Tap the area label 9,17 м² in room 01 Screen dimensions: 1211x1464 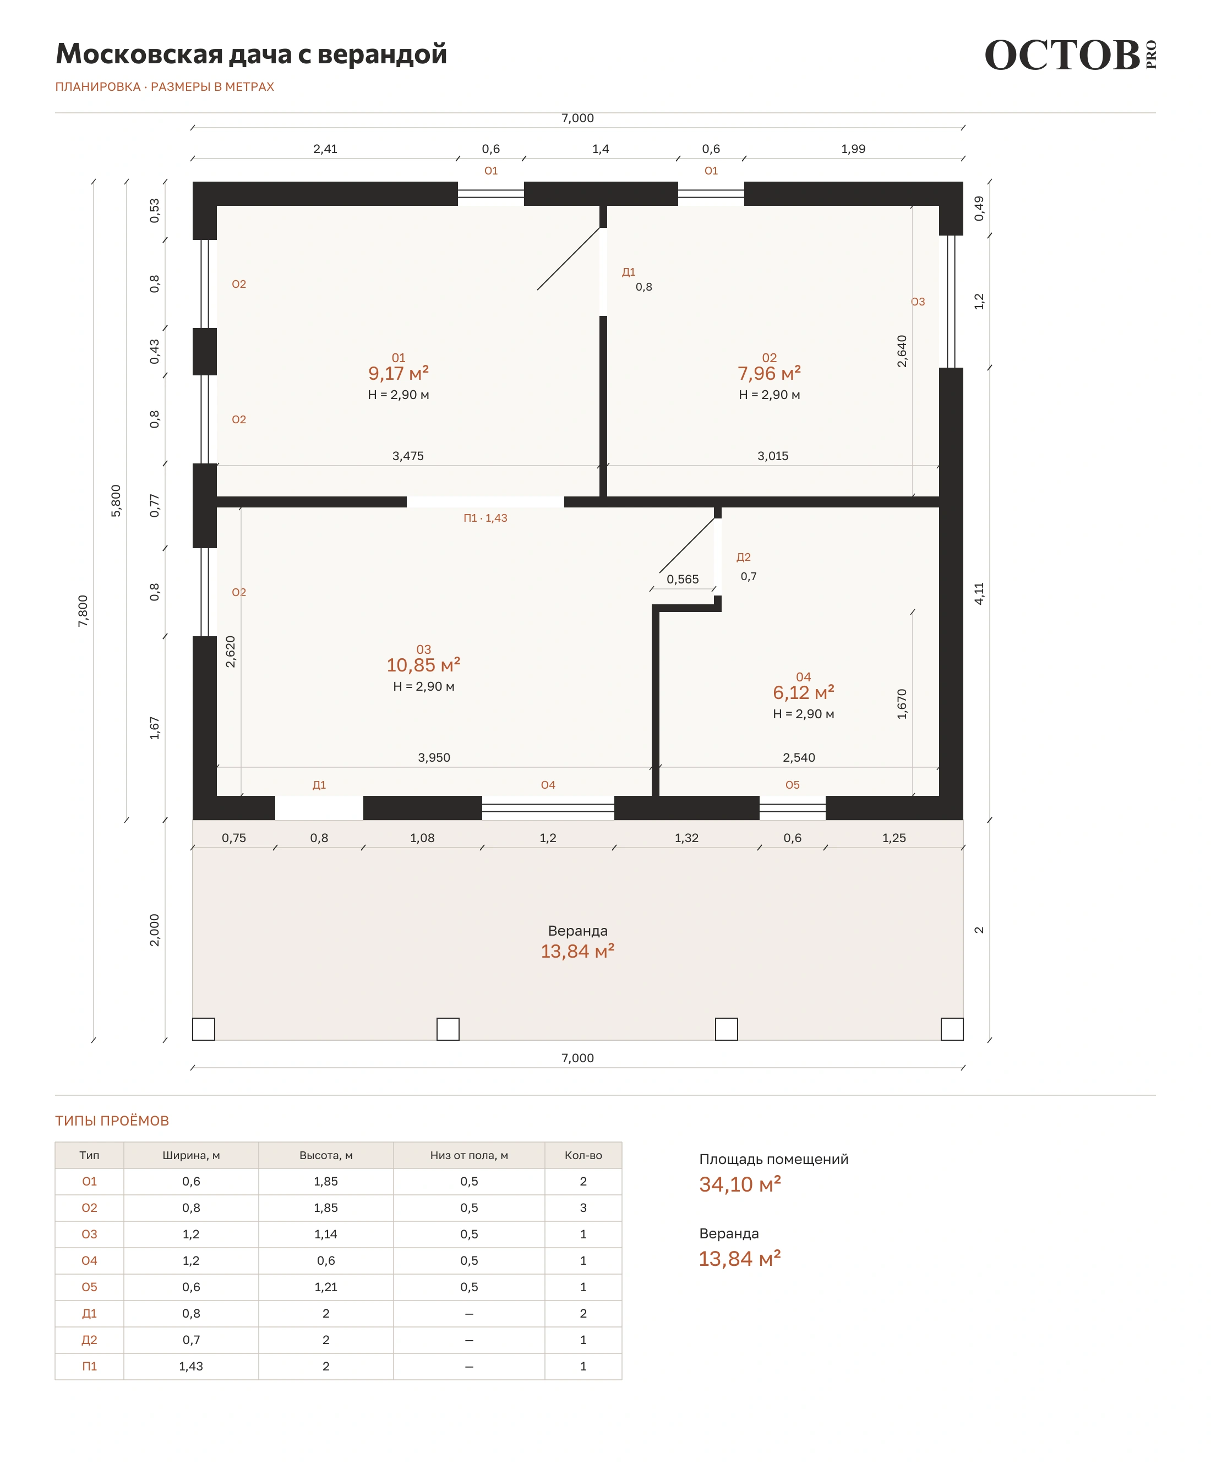(x=398, y=373)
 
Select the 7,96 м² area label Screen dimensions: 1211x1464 (x=769, y=373)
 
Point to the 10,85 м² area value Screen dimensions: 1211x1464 (x=423, y=664)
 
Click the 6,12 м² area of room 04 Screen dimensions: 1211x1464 (x=803, y=692)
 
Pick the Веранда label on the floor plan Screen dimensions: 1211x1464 (x=577, y=930)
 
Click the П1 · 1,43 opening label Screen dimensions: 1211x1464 (x=486, y=518)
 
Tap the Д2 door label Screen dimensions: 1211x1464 (x=743, y=557)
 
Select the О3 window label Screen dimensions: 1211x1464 (x=918, y=302)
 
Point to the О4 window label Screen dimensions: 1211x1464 (x=548, y=785)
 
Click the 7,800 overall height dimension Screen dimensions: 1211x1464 (x=83, y=611)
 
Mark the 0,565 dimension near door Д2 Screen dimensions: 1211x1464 (x=682, y=580)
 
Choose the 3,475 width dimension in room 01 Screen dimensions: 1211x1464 (x=408, y=456)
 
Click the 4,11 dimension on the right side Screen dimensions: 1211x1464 (x=979, y=593)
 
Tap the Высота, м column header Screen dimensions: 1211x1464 (x=325, y=1155)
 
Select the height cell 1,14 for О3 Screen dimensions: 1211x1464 (x=325, y=1234)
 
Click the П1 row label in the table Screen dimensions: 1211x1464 (x=89, y=1367)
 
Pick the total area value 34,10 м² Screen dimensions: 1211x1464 (x=740, y=1184)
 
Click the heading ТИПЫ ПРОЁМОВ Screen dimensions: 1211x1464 (x=112, y=1121)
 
